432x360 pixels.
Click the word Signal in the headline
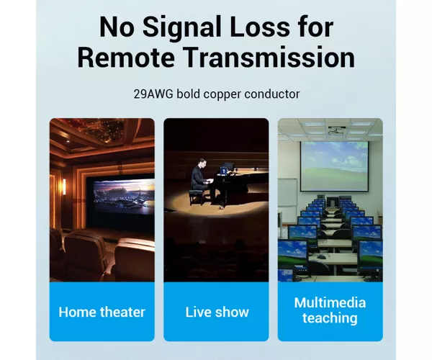[182, 28]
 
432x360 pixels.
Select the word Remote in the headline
[126, 58]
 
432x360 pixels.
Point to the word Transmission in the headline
[269, 58]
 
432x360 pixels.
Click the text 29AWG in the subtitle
[153, 94]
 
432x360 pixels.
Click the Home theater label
[102, 312]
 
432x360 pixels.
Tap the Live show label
[217, 312]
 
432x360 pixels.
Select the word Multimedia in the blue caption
[330, 302]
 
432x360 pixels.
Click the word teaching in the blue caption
[330, 318]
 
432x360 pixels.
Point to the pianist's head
[202, 162]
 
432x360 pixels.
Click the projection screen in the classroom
[334, 166]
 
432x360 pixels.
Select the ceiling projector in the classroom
[337, 130]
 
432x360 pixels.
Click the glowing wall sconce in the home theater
[64, 187]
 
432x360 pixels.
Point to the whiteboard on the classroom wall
[287, 192]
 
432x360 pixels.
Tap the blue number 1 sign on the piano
[224, 171]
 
